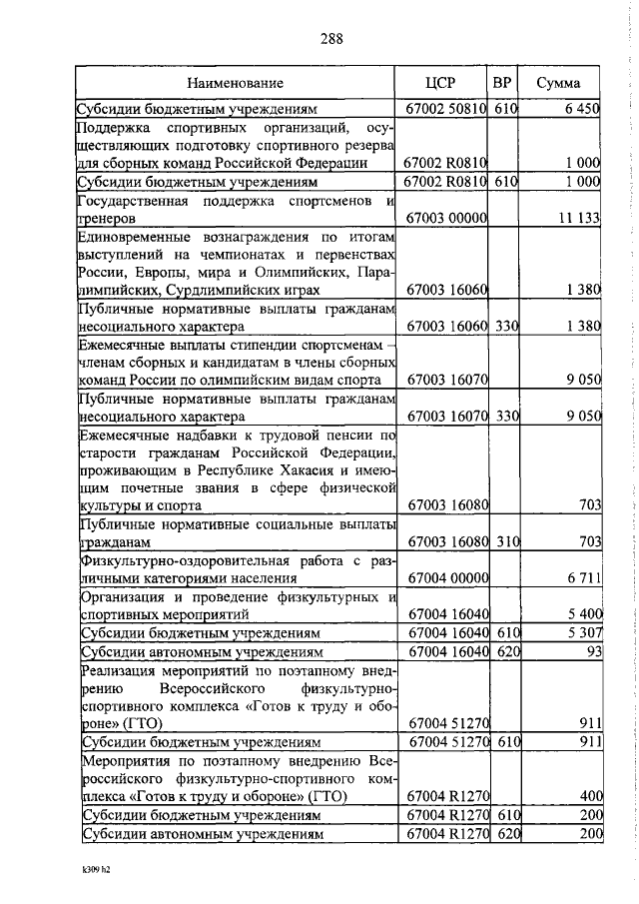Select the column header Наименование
click(234, 83)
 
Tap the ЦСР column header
click(439, 83)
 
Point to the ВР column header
click(504, 83)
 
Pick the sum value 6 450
click(580, 108)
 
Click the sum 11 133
click(576, 218)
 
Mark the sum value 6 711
click(580, 578)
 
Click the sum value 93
click(590, 652)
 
